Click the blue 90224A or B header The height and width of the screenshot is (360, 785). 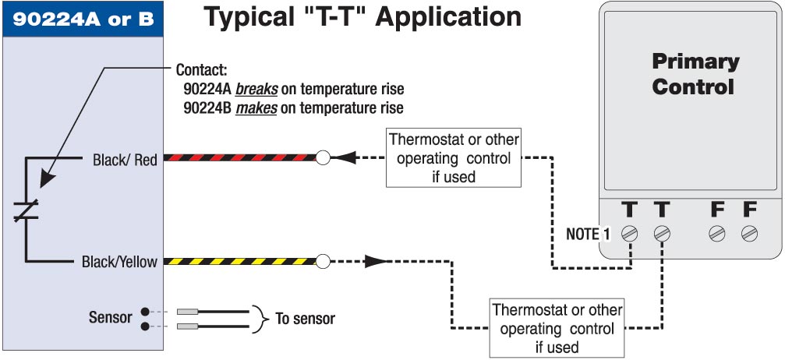pyautogui.click(x=83, y=17)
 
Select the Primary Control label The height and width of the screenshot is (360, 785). pyautogui.click(x=693, y=74)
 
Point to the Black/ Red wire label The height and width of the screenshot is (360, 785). pyautogui.click(x=125, y=161)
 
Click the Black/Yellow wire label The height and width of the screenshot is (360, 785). pyautogui.click(x=119, y=262)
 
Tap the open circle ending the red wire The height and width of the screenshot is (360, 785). pyautogui.click(x=323, y=159)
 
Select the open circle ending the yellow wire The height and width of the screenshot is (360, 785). pyautogui.click(x=323, y=261)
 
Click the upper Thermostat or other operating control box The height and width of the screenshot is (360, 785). pyautogui.click(x=454, y=159)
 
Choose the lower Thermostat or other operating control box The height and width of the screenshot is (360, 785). pyautogui.click(x=557, y=328)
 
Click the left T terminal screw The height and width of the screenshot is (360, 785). pyautogui.click(x=630, y=233)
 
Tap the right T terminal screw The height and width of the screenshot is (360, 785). pyautogui.click(x=662, y=233)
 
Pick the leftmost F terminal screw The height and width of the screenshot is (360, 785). pyautogui.click(x=716, y=233)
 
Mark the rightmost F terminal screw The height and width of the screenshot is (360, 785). pyautogui.click(x=749, y=233)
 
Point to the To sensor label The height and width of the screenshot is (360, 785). pyautogui.click(x=306, y=319)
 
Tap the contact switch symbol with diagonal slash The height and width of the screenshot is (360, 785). pyautogui.click(x=26, y=210)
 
